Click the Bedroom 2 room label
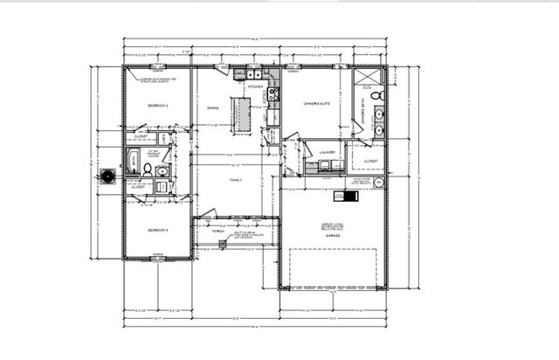(158, 106)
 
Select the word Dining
(213, 108)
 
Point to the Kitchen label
(256, 87)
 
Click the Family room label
(236, 180)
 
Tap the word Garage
(333, 237)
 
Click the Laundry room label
(328, 152)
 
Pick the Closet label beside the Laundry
(371, 161)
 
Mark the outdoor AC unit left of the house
(107, 177)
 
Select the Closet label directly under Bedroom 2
(141, 136)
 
